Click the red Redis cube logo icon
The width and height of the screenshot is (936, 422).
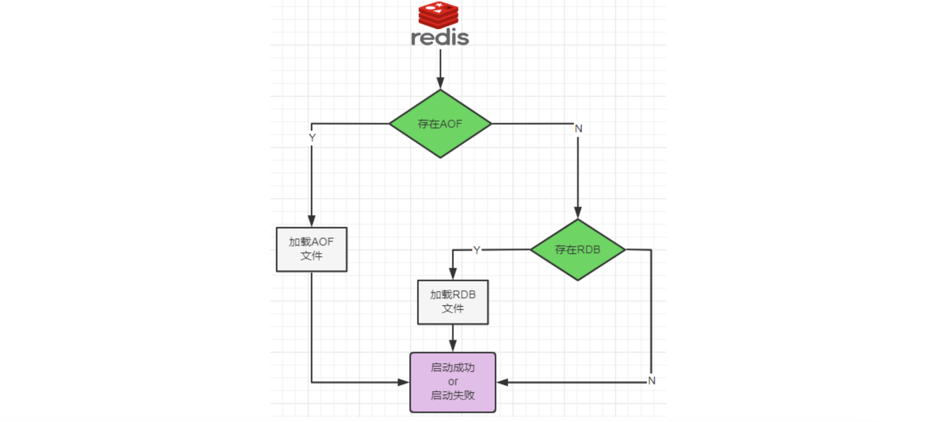(x=439, y=15)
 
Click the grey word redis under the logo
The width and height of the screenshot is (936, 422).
(x=440, y=38)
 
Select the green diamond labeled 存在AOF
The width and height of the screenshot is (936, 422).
(x=440, y=124)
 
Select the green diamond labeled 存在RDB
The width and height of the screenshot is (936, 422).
(x=577, y=249)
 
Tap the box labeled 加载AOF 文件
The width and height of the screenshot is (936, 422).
(x=311, y=249)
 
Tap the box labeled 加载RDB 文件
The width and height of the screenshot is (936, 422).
(x=452, y=302)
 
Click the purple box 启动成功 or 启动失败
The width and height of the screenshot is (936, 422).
(x=452, y=382)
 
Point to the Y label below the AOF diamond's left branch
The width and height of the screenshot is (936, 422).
(x=312, y=138)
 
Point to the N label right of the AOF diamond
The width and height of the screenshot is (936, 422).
(x=578, y=128)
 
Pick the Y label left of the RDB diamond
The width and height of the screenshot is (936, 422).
(x=477, y=250)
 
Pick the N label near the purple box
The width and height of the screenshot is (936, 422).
(x=652, y=381)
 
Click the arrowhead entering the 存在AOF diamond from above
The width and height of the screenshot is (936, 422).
(x=440, y=83)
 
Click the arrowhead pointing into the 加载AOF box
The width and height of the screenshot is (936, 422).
(x=311, y=221)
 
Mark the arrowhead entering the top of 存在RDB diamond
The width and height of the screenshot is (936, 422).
(x=577, y=212)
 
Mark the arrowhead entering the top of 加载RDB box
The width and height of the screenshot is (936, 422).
(x=452, y=273)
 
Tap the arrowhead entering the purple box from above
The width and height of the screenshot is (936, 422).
(x=452, y=345)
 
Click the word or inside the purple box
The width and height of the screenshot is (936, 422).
(x=452, y=382)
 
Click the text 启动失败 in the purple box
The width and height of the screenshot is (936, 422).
(x=452, y=395)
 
